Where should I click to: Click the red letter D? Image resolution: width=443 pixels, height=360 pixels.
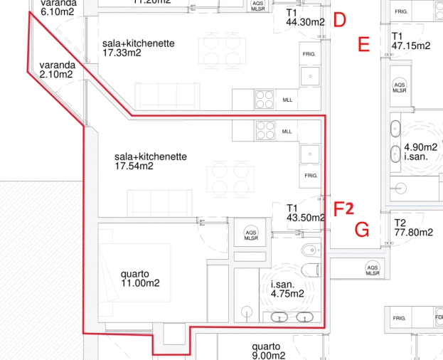339,21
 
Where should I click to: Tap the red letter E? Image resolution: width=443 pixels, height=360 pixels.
363,46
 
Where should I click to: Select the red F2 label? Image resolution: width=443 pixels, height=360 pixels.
344,208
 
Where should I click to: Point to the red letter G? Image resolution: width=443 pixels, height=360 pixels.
362,230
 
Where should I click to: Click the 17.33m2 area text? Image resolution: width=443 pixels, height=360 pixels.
122,53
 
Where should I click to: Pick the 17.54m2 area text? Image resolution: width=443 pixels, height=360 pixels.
134,166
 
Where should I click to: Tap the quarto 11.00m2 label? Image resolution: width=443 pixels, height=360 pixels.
140,278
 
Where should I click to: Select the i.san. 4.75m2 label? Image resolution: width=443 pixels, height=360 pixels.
287,288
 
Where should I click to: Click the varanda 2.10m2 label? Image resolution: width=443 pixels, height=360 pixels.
58,69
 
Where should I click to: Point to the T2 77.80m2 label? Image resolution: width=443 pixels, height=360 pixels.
413,228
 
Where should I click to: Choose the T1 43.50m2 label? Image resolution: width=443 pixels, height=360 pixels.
306,213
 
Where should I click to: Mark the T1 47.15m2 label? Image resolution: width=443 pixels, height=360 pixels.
411,41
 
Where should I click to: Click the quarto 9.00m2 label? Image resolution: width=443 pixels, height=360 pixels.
268,351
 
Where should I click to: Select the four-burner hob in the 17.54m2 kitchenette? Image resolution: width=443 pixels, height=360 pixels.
265,131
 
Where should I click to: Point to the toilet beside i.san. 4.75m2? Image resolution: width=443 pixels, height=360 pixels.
311,270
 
